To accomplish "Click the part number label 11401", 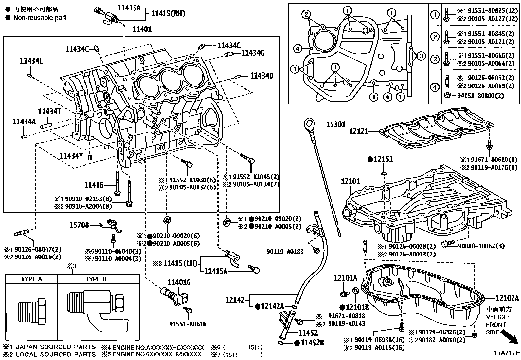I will (142, 29).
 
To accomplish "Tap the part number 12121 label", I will (358, 131).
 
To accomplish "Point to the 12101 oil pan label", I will (350, 181).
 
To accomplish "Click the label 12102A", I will (507, 298).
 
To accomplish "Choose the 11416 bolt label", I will (94, 185).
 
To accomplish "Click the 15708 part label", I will (79, 225).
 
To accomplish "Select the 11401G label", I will (179, 283).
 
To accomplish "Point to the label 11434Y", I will (71, 155).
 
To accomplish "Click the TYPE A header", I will (31, 279).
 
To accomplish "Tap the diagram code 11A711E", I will (507, 353).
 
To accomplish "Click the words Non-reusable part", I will (40, 18).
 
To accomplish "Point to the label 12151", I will (383, 160).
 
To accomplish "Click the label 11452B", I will (312, 343).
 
